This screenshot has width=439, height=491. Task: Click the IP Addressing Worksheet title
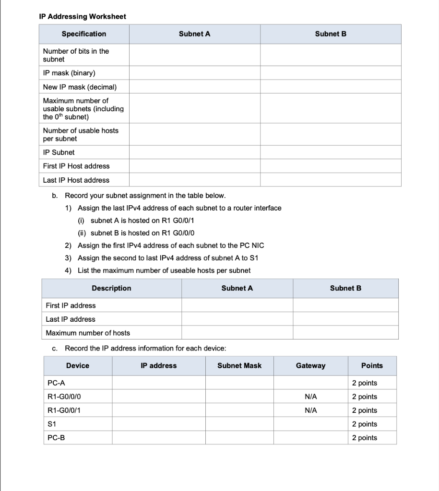pyautogui.click(x=82, y=17)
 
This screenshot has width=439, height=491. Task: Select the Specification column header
pyautogui.click(x=84, y=34)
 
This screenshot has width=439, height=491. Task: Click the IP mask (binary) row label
pyautogui.click(x=69, y=73)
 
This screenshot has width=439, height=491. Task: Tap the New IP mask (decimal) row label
pyautogui.click(x=80, y=87)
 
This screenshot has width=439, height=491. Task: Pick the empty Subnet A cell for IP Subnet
pyautogui.click(x=194, y=152)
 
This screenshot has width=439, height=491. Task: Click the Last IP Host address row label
pyautogui.click(x=76, y=180)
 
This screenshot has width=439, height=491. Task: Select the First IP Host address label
pyautogui.click(x=76, y=166)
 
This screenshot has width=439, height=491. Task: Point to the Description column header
pyautogui.click(x=111, y=288)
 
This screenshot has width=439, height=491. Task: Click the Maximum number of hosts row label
pyautogui.click(x=88, y=333)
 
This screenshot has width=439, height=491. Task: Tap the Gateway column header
pyautogui.click(x=310, y=366)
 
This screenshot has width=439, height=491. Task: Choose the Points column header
pyautogui.click(x=372, y=366)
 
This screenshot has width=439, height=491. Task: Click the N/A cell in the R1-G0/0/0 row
pyautogui.click(x=310, y=397)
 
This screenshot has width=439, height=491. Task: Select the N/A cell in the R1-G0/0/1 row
pyautogui.click(x=310, y=410)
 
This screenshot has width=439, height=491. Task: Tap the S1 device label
pyautogui.click(x=52, y=424)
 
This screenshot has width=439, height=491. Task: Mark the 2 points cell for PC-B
pyautogui.click(x=365, y=438)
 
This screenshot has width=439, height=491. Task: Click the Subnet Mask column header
pyautogui.click(x=239, y=366)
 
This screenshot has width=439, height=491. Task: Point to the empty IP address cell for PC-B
pyautogui.click(x=159, y=438)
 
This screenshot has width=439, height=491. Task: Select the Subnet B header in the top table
pyautogui.click(x=331, y=34)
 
